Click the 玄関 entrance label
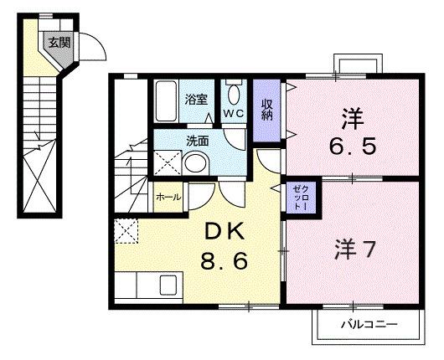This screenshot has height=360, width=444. (x=58, y=43)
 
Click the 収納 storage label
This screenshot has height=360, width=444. (x=266, y=109)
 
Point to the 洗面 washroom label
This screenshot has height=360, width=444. (x=198, y=141)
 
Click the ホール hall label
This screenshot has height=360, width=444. (x=166, y=198)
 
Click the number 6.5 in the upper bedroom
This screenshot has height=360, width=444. (x=352, y=147)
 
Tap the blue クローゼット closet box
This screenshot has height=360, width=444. (x=300, y=198)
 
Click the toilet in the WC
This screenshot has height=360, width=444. (x=233, y=93)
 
